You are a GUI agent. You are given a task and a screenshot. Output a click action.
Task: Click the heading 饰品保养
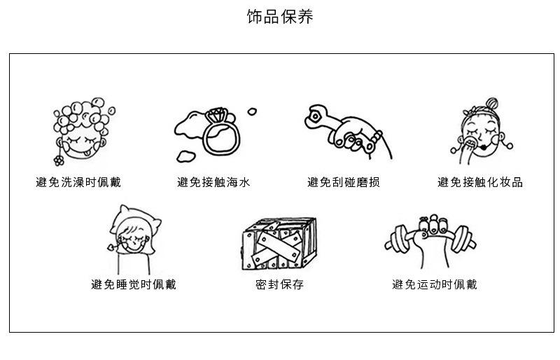[x=280, y=17]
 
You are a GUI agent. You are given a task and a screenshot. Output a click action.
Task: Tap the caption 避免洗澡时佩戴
[x=78, y=183]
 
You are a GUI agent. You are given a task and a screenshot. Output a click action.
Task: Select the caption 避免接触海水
[x=213, y=183]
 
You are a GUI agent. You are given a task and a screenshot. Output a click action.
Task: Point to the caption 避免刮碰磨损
[x=344, y=183]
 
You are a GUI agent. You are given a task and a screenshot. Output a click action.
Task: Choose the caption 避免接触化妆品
[x=480, y=183]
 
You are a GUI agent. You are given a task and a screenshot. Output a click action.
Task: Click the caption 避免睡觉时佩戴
[x=134, y=284]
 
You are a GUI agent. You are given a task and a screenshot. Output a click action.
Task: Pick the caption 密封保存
[x=279, y=284]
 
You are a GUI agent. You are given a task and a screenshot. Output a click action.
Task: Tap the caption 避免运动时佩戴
[x=434, y=284]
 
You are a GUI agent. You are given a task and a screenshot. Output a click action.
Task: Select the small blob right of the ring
[x=252, y=110]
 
